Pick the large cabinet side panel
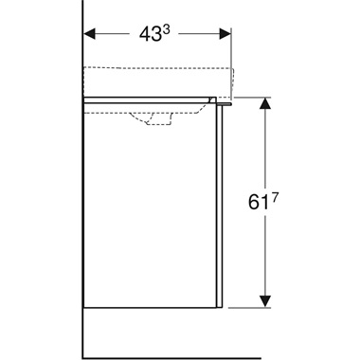(x=152, y=208)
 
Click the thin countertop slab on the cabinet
(x=152, y=97)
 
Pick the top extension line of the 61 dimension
(x=251, y=97)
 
